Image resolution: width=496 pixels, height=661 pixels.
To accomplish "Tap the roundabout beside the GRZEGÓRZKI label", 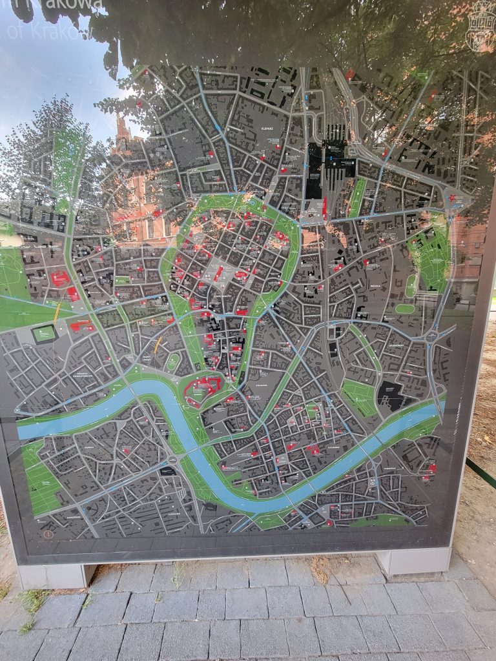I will pyautogui.click(x=431, y=336).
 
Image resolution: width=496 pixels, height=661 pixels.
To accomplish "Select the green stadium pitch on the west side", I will pyautogui.click(x=44, y=334).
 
